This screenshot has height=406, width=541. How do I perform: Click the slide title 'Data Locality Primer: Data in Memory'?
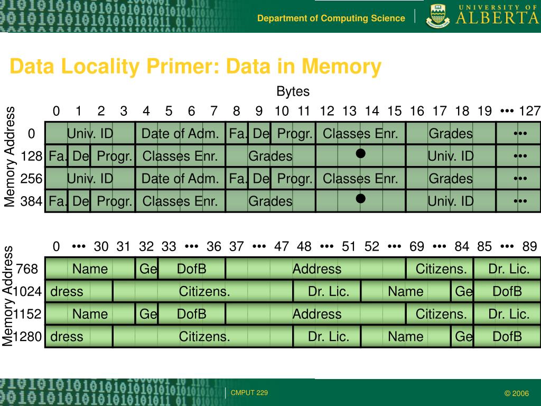pos(195,67)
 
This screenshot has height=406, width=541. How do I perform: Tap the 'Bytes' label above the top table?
pos(293,91)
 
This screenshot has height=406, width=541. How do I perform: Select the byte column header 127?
pos(529,111)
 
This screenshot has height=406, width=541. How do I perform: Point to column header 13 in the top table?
pos(349,111)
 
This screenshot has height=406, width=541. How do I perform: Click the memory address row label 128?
pos(32,156)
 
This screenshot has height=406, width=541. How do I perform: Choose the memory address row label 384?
pos(32,201)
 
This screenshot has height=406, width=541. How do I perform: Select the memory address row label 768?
pos(27,269)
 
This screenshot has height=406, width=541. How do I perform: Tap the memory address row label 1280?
pos(27,337)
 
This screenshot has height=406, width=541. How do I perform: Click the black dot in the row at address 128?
pos(360,154)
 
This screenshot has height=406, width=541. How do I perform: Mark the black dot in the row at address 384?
pos(360,199)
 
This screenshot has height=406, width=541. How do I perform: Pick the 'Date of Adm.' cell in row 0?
pos(180,134)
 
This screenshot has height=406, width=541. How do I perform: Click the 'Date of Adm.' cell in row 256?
pos(180,179)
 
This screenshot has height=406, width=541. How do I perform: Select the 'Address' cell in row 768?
pos(316,269)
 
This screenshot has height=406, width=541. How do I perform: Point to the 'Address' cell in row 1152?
pos(316,314)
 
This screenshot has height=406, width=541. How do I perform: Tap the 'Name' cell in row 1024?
pos(406,291)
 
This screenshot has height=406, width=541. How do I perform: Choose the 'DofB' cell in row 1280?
pos(507,337)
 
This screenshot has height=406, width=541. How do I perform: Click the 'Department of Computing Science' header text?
pos(331,19)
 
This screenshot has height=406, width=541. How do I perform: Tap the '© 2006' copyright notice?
pos(516,393)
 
